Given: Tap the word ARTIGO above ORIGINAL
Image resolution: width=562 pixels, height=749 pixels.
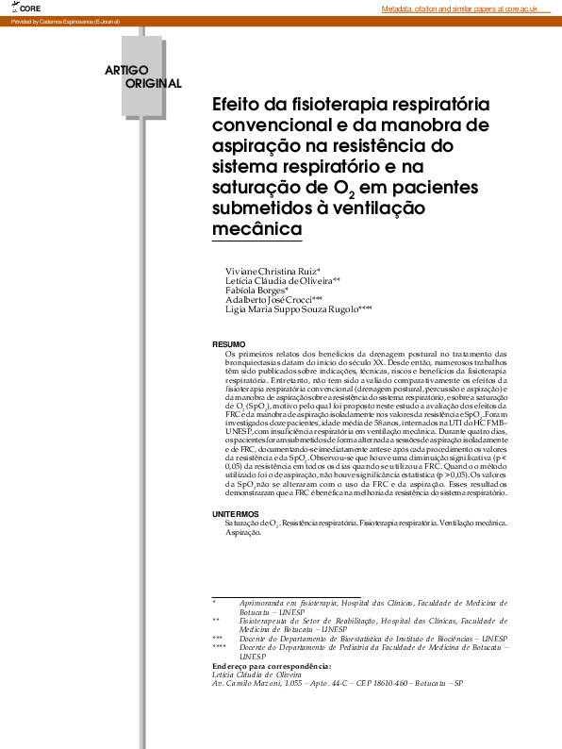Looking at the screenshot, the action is [x=127, y=70].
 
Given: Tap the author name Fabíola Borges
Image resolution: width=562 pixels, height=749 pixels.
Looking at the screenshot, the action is [x=255, y=290].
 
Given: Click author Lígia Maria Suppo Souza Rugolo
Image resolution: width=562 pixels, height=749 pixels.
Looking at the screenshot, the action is [x=297, y=308].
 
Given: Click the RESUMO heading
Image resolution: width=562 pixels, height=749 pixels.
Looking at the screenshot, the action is [x=228, y=343].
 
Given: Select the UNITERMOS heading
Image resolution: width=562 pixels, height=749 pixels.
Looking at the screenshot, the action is [x=234, y=513].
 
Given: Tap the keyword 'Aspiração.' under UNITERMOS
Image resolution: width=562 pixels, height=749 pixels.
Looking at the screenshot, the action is [x=243, y=532].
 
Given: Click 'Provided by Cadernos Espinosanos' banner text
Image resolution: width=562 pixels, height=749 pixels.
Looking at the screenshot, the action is [x=64, y=21].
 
